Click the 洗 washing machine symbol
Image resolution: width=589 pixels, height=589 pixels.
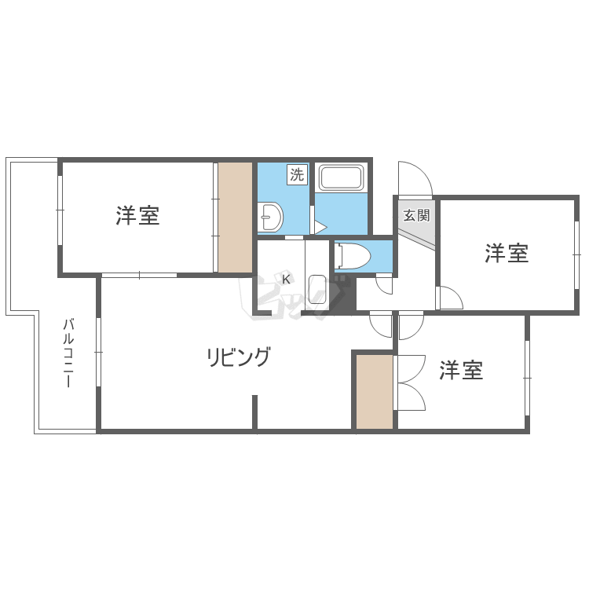(298, 174)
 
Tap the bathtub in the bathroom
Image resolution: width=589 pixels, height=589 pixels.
(341, 177)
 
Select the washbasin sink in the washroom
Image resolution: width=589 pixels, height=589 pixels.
(271, 217)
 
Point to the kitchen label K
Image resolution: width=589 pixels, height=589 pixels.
(286, 280)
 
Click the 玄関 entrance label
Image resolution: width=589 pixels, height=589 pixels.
(416, 216)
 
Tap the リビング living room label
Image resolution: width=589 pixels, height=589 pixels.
(239, 357)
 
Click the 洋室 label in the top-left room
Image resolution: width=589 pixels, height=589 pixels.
(137, 216)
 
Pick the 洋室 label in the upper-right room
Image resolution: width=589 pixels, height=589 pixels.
(507, 253)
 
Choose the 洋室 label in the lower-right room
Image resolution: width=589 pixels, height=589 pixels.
(461, 370)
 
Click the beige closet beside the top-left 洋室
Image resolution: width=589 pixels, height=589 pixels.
(235, 217)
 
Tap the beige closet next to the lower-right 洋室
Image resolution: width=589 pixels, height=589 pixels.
(375, 391)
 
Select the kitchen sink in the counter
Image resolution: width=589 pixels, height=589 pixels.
(317, 290)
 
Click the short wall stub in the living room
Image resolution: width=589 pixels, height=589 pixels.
(254, 412)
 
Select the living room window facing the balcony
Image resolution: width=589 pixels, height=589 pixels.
(98, 352)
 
